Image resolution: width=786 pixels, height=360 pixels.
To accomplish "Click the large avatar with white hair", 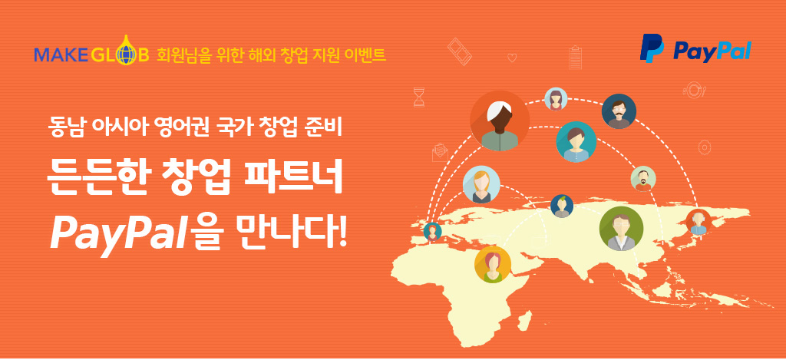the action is (499, 121).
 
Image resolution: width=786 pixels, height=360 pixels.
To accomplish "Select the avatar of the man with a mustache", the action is (619, 111).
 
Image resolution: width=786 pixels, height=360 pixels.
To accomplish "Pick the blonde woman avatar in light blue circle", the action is (481, 184).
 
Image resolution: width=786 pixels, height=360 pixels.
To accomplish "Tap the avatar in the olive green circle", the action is (621, 229).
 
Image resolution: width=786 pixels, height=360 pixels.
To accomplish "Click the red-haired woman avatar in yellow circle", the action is (492, 264).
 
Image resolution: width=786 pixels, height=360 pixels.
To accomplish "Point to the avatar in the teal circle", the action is (576, 142).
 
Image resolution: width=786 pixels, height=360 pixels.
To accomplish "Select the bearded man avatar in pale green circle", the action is (643, 179).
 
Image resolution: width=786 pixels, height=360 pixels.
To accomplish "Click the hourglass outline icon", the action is (419, 97).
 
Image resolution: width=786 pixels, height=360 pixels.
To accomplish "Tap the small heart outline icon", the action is (512, 58).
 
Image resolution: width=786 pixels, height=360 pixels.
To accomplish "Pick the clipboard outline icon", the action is (576, 58).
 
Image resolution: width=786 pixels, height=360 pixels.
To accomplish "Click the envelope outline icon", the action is (440, 152).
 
